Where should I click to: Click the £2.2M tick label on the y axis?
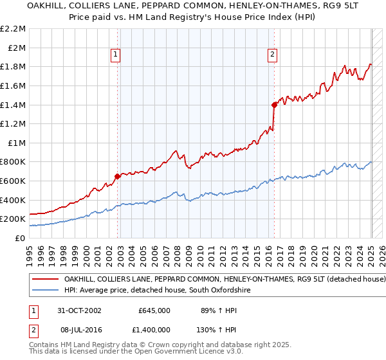14,29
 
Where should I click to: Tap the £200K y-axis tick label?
14,219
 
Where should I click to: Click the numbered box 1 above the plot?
115,55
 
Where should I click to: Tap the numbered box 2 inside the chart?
273,55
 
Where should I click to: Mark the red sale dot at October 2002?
117,176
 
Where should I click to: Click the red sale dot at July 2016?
274,104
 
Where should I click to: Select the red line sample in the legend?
46,280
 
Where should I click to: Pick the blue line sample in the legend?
46,291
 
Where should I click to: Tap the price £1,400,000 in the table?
152,328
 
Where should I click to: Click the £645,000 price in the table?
154,310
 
